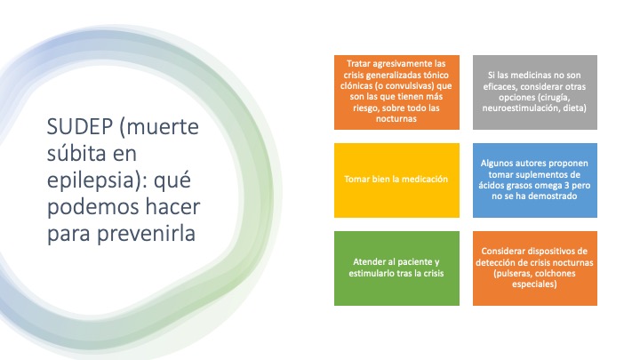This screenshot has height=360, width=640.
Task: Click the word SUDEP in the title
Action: click(80, 126)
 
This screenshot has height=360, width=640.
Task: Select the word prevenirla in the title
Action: click(146, 234)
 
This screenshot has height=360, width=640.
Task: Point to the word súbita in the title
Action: click(76, 153)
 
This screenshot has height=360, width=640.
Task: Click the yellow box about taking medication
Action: click(396, 180)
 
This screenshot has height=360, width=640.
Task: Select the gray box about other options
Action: click(535, 92)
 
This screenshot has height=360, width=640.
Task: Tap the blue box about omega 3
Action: click(535, 180)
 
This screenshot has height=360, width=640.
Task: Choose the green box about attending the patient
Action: click(396, 268)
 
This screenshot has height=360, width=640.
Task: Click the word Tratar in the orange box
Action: click(358, 64)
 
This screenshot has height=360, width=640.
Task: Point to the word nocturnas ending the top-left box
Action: click(396, 119)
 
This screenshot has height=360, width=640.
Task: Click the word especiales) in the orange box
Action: click(534, 284)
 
